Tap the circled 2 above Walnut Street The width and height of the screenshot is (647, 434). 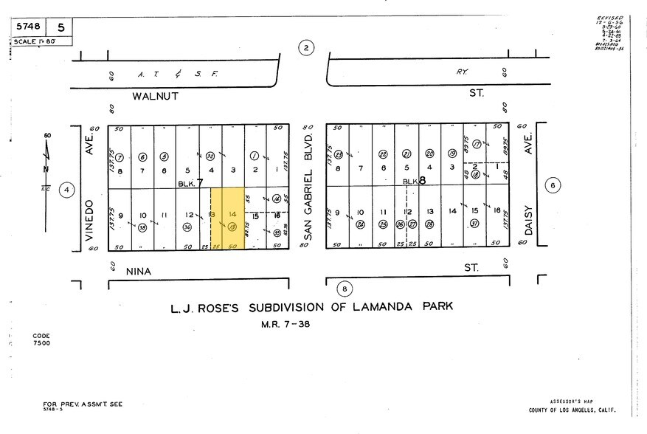pyautogui.click(x=306, y=49)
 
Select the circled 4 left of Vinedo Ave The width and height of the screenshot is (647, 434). pyautogui.click(x=67, y=189)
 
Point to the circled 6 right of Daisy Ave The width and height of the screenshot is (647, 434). pyautogui.click(x=552, y=186)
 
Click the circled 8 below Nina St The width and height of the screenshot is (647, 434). pyautogui.click(x=344, y=289)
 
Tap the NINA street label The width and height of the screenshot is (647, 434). pyautogui.click(x=137, y=272)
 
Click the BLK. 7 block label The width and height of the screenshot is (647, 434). pyautogui.click(x=190, y=182)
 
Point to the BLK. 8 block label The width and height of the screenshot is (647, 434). pyautogui.click(x=414, y=182)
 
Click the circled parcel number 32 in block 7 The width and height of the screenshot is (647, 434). pyautogui.click(x=210, y=156)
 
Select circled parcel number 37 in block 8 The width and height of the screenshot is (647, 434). pyautogui.click(x=475, y=224)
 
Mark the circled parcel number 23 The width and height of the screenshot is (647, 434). pyautogui.click(x=338, y=155)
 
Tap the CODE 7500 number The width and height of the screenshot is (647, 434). pyautogui.click(x=41, y=343)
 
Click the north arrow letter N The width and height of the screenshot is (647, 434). pyautogui.click(x=46, y=169)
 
